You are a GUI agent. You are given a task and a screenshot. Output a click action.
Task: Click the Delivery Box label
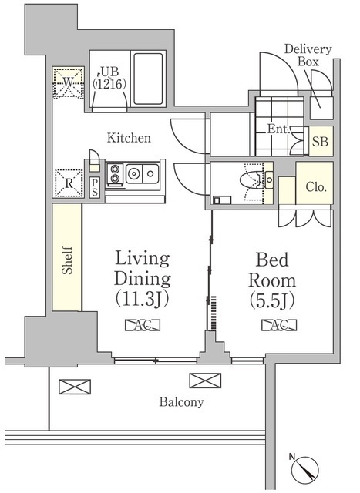tap(308, 55)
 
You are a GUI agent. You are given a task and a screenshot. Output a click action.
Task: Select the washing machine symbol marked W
tap(67, 82)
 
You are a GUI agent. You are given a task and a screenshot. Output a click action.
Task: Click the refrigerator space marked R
tap(67, 183)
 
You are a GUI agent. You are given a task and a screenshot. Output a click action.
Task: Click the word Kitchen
tap(128, 139)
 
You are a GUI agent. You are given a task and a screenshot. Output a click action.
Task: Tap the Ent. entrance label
tap(279, 129)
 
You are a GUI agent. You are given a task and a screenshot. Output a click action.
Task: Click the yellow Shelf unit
tap(67, 258)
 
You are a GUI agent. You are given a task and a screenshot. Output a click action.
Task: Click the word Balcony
tap(181, 402)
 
